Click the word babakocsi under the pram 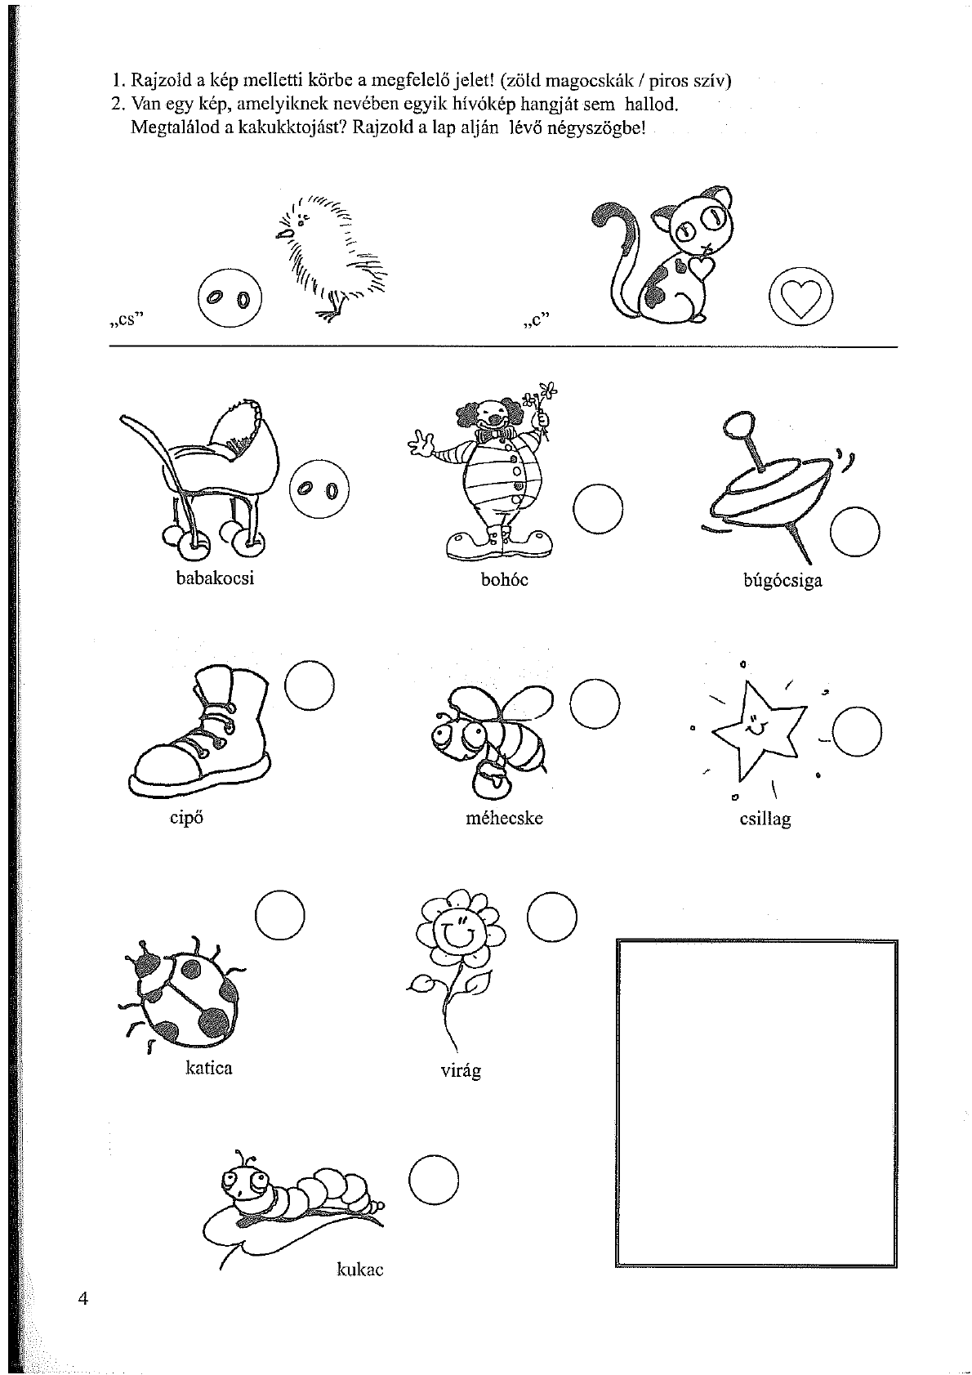coord(215,578)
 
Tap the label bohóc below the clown coord(505,580)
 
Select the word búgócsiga coord(783,581)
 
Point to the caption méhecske coord(505,819)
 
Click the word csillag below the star coord(765,819)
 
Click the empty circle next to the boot coord(310,685)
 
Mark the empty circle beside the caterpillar coord(434,1181)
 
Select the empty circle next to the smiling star coord(857,732)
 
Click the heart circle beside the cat coord(800,297)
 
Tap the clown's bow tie coord(498,435)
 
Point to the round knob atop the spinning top coord(738,424)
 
